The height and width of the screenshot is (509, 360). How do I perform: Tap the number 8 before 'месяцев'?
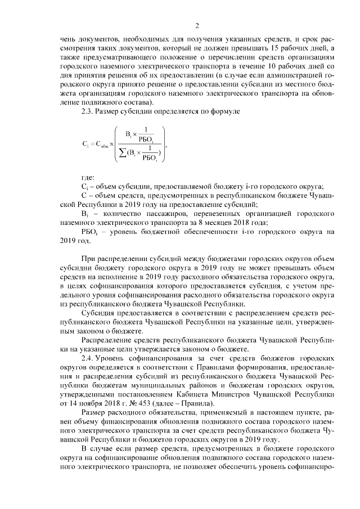(205, 222)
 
